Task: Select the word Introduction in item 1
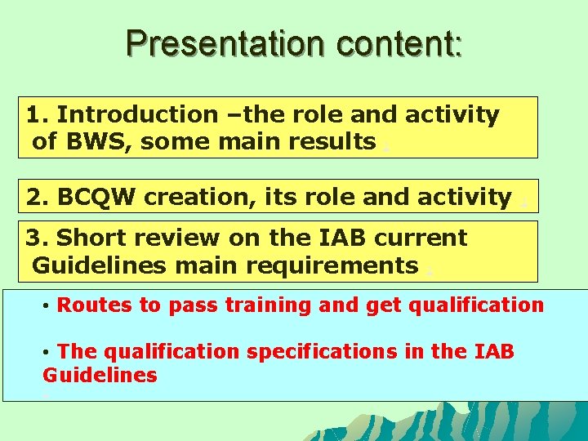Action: coord(137,115)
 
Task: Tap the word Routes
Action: coord(95,305)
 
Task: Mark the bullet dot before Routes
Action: coord(47,306)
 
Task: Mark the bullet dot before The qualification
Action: coord(47,352)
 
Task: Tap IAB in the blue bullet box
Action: coord(493,352)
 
